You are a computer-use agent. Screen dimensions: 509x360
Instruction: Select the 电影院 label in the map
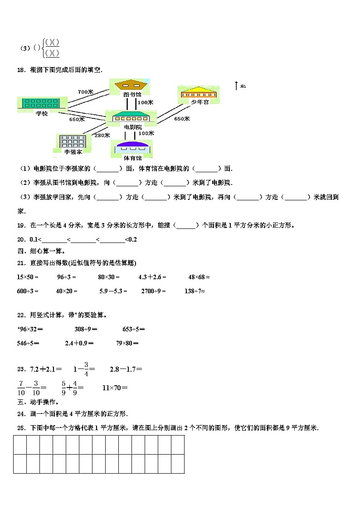tap(132, 127)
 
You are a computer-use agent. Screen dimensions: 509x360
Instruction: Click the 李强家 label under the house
tap(73, 151)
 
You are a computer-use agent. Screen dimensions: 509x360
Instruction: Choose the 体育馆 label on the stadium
tap(132, 158)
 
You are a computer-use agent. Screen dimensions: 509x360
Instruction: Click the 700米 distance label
tap(85, 92)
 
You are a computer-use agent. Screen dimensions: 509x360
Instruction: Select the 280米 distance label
tap(102, 135)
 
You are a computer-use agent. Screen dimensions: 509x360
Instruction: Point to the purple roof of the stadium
tap(132, 144)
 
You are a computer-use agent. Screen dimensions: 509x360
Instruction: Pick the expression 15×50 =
tap(28, 276)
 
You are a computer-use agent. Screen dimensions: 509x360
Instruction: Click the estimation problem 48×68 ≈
tap(199, 276)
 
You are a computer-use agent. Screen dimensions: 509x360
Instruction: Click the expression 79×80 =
tap(127, 343)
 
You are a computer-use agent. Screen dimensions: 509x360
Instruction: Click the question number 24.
tap(21, 413)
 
